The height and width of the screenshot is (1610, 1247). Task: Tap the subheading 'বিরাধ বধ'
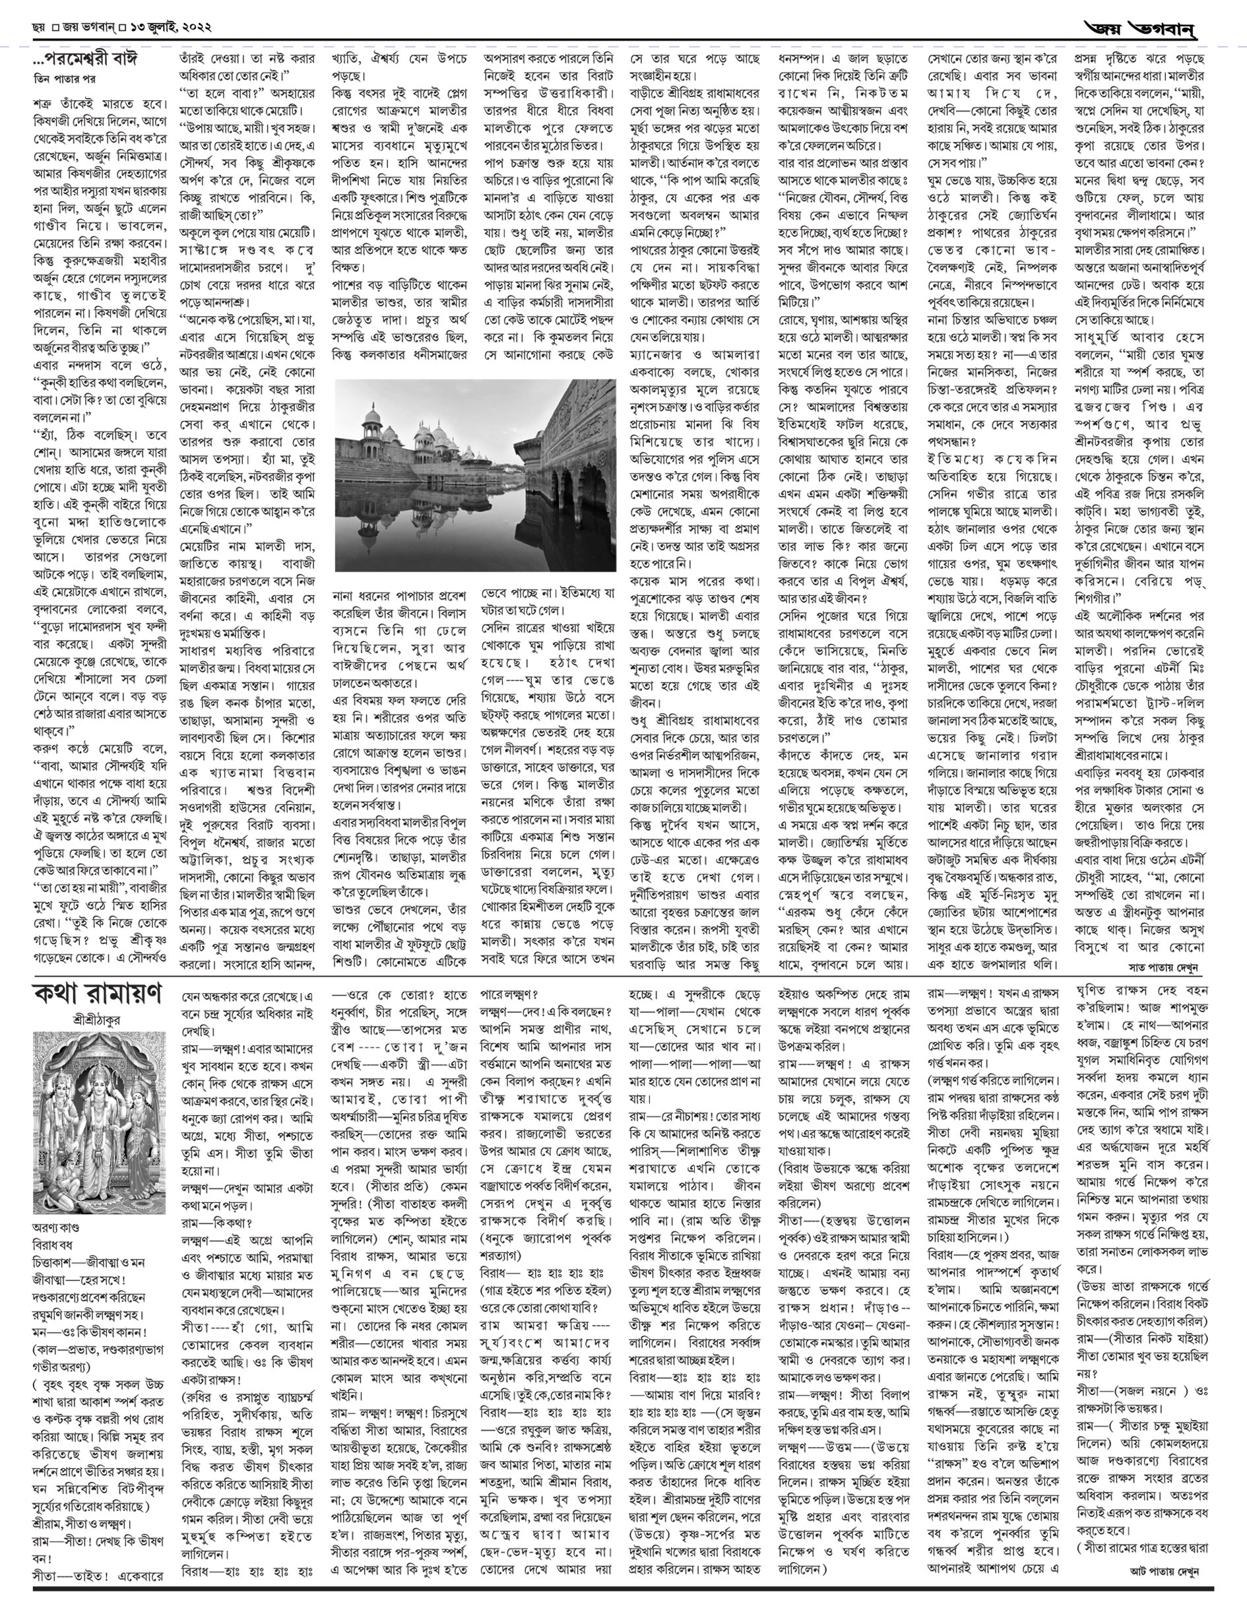(x=51, y=1244)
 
